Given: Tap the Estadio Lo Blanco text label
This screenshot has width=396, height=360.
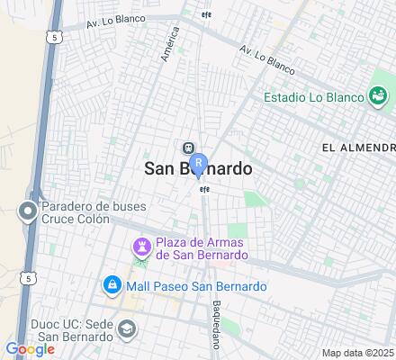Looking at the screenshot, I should [x=314, y=97].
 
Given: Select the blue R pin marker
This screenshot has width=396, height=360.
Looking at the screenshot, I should [x=199, y=165].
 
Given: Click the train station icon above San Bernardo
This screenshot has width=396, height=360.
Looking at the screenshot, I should [x=188, y=148].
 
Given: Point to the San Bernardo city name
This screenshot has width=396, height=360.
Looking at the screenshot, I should [x=198, y=168].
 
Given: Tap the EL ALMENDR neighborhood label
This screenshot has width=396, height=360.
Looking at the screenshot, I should [x=358, y=147].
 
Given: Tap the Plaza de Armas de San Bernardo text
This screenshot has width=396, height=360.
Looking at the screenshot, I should [x=202, y=248].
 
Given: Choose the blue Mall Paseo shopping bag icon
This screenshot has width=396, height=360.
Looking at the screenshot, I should [x=112, y=285].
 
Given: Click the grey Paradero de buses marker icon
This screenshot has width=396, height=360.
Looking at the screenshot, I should [x=27, y=211].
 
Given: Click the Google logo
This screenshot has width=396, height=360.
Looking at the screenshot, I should [x=30, y=349].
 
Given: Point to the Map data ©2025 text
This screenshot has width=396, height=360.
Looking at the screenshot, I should [x=358, y=352].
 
